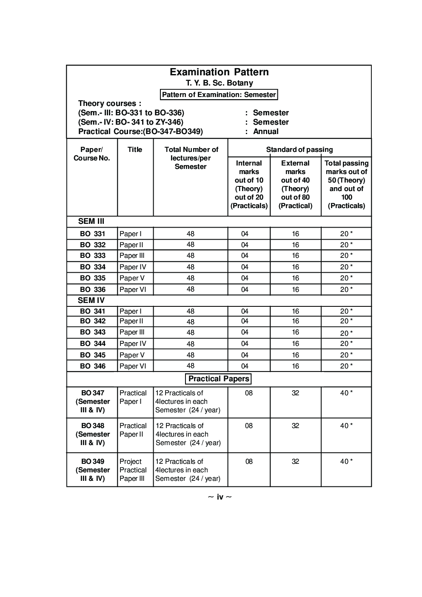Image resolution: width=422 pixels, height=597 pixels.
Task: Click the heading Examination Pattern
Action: click(219, 72)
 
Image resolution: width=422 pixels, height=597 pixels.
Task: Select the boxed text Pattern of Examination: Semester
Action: click(219, 94)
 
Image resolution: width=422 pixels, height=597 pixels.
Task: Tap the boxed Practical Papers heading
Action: click(219, 379)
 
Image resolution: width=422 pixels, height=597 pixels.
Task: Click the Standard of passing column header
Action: click(299, 149)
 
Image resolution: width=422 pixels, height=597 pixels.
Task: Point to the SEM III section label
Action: click(91, 221)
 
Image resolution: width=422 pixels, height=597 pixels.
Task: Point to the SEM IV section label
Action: click(91, 300)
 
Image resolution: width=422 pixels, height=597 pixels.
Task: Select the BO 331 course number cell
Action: click(92, 234)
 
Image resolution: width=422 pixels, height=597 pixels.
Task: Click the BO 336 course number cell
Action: click(92, 289)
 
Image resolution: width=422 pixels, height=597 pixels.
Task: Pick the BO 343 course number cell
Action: click(92, 332)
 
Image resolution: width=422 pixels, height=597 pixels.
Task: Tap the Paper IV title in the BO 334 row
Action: click(133, 267)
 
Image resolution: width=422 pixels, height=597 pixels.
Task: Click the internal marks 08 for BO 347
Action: click(249, 393)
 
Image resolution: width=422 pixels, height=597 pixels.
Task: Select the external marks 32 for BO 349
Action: click(295, 462)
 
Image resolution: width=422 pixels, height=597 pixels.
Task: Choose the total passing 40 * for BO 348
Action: click(346, 426)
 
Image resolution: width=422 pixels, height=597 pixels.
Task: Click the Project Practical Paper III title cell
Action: click(133, 470)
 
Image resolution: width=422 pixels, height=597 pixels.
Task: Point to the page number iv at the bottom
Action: click(220, 497)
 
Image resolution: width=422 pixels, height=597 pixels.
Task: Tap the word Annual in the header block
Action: click(266, 131)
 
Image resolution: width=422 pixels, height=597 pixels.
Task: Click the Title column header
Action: click(135, 149)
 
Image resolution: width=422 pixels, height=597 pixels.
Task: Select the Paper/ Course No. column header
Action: click(92, 154)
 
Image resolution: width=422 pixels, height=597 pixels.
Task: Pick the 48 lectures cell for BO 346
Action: click(190, 366)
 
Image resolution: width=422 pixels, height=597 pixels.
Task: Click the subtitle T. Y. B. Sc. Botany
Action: click(219, 83)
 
